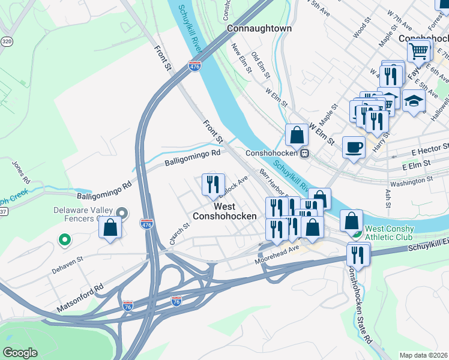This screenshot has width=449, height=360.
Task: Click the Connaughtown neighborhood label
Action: [259, 28]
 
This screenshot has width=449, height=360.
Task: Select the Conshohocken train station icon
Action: [305, 153]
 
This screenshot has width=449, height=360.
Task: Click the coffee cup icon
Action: [354, 146]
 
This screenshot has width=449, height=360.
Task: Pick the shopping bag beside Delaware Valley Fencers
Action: [110, 227]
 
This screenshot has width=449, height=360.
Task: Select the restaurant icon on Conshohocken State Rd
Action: [358, 254]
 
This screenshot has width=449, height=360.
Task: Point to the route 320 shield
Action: [7, 42]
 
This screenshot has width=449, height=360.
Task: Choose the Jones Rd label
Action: [19, 172]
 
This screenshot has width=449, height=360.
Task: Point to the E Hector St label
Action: [429, 147]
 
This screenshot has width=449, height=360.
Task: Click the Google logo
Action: [20, 352]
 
